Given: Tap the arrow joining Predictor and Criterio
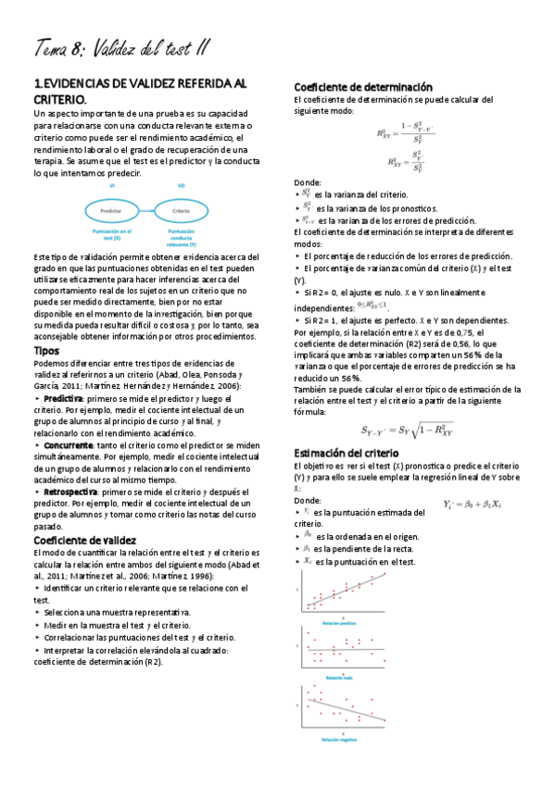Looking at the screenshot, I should tap(147, 212).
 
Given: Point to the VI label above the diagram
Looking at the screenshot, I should tap(112, 186).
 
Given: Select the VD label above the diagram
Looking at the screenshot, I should tap(182, 186).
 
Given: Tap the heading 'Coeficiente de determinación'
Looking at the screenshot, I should tap(362, 86).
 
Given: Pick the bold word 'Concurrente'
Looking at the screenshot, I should tap(68, 444).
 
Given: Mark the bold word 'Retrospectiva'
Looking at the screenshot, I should tap(70, 492).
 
